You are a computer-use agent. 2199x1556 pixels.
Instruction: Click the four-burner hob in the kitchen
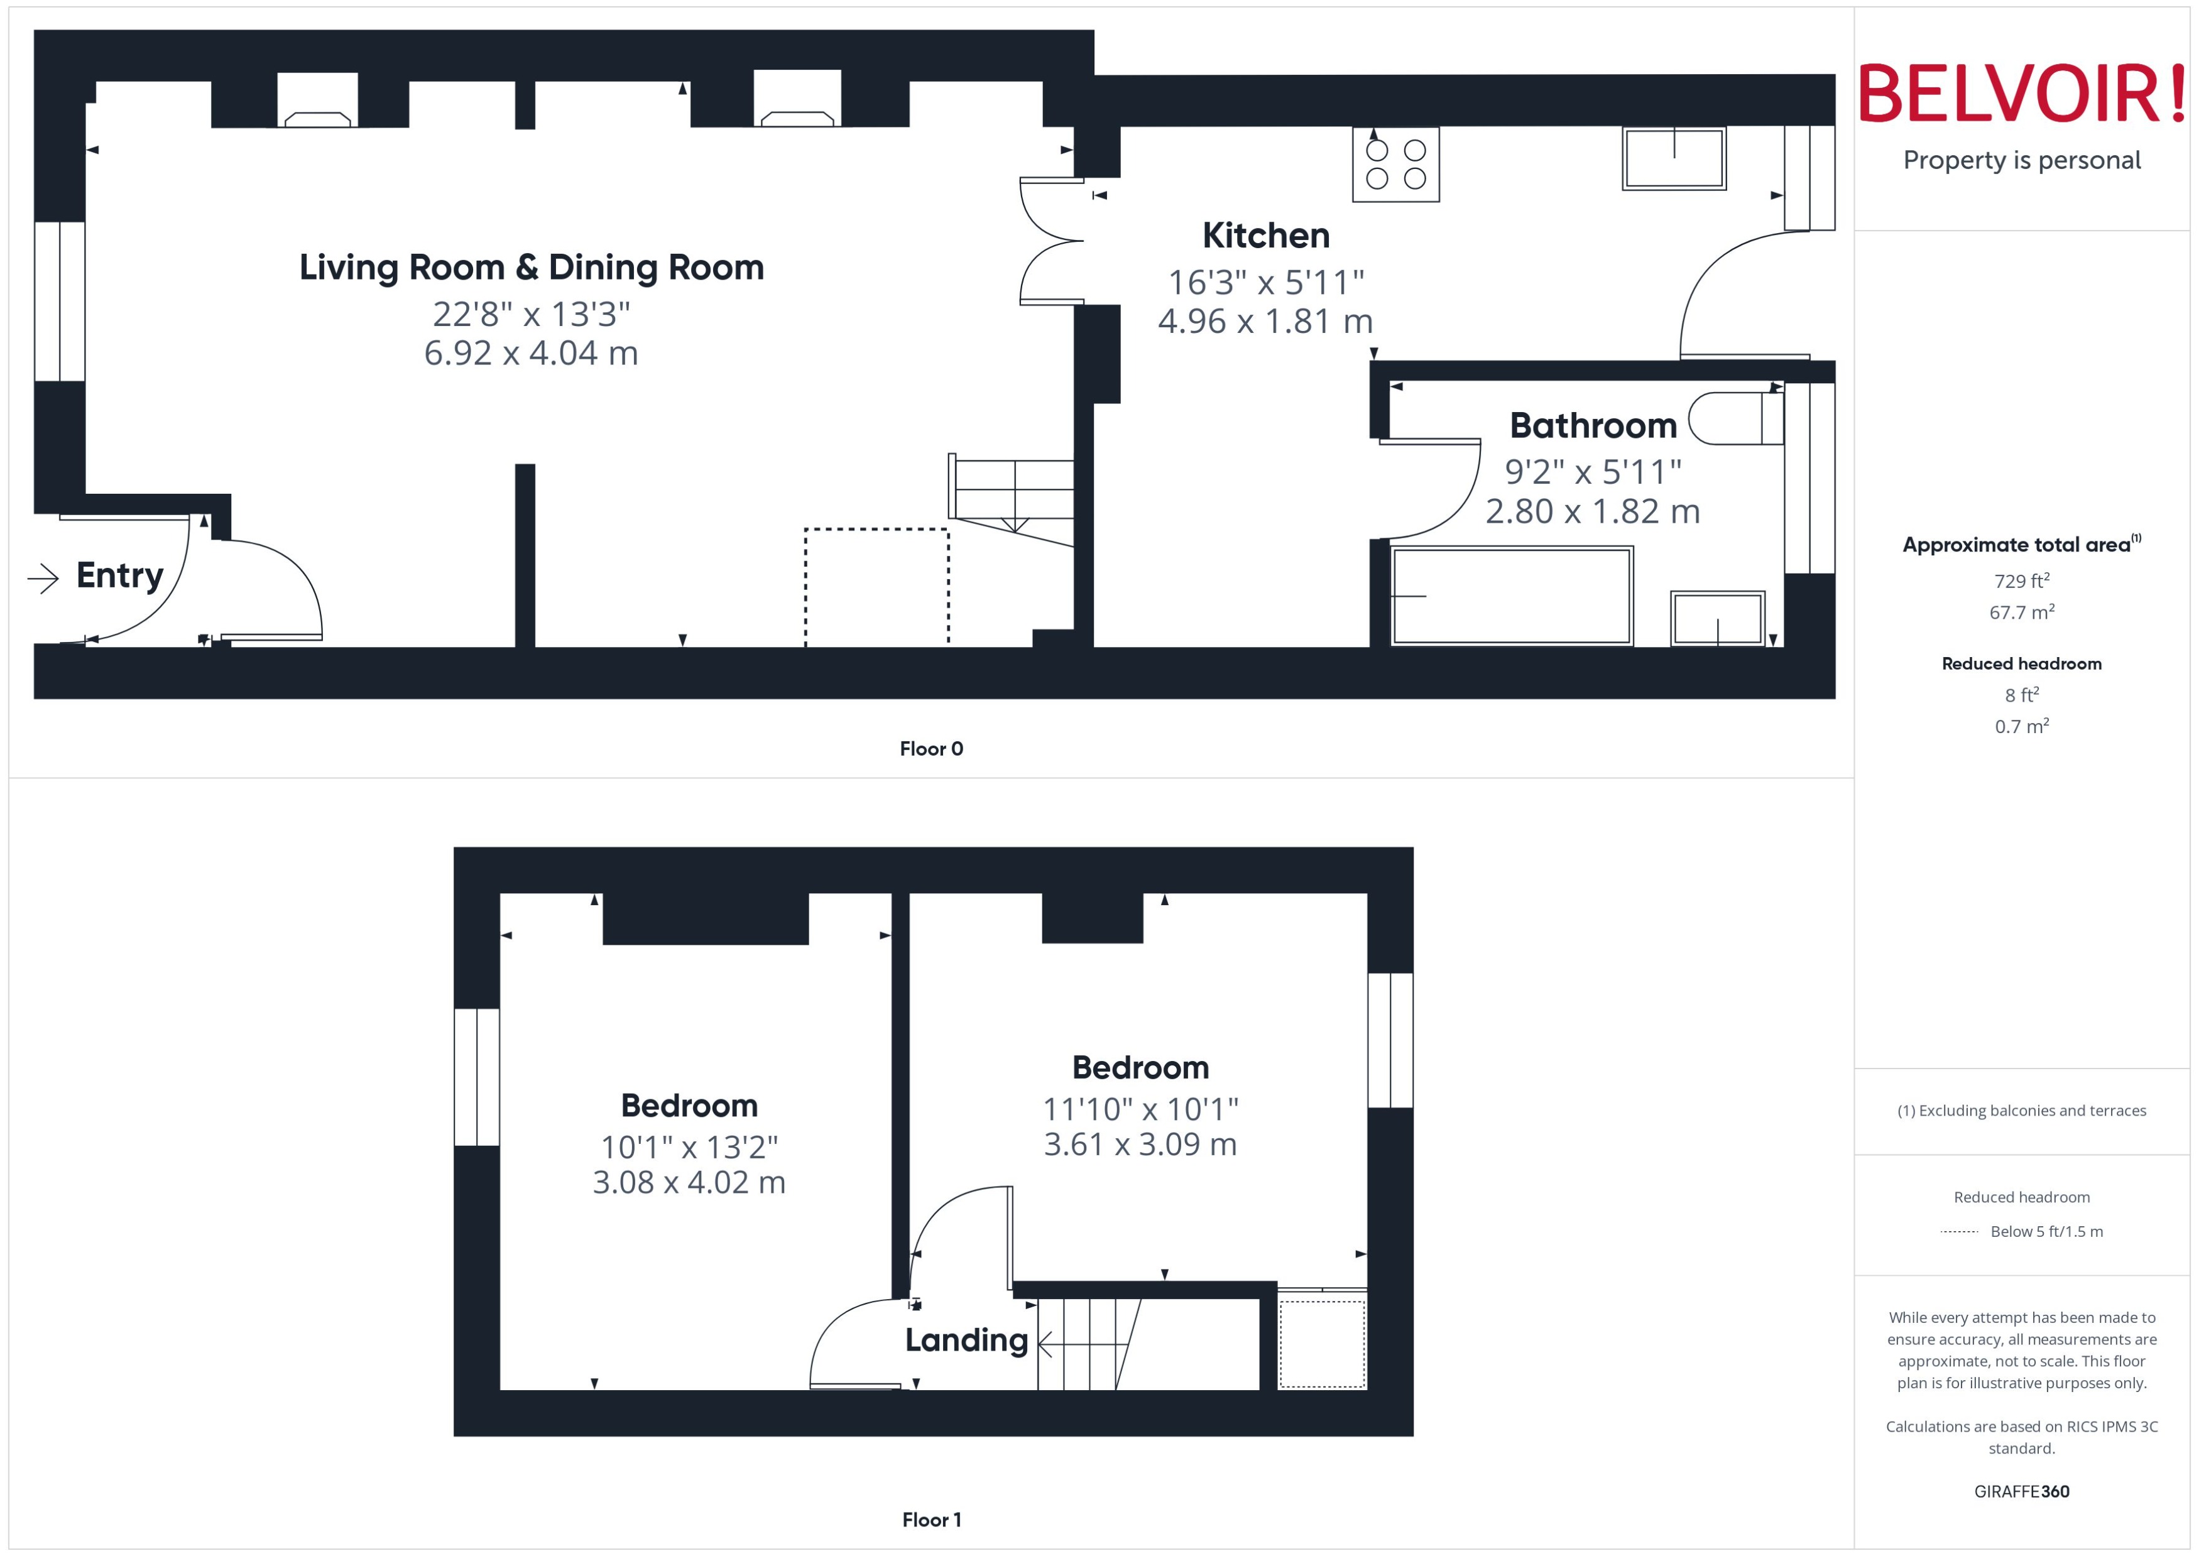[x=1394, y=164]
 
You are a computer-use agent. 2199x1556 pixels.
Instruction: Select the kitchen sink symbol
[x=1673, y=159]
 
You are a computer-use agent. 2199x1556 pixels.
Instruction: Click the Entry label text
[x=120, y=576]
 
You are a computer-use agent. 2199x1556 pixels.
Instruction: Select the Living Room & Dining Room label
[x=531, y=268]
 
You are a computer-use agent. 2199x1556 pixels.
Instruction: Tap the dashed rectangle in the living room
[x=876, y=586]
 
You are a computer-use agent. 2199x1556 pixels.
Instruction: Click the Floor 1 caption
[x=930, y=1520]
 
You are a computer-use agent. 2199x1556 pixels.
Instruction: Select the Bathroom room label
[x=1593, y=425]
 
